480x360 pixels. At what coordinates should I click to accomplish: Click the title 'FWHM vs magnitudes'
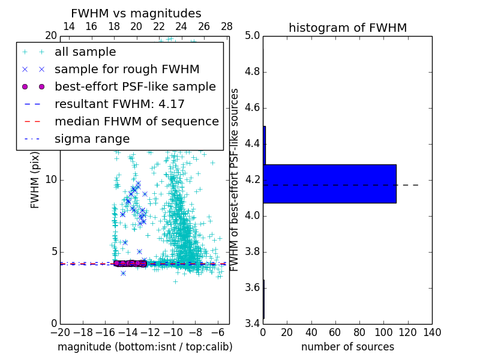point(136,13)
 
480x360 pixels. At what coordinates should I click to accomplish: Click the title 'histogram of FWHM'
point(347,28)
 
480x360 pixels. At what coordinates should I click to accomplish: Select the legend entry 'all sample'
point(85,52)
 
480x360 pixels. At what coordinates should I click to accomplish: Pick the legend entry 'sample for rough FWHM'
point(127,69)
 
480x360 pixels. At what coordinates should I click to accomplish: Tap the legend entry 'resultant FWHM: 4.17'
point(119,104)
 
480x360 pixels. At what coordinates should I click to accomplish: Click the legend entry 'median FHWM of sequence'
point(136,121)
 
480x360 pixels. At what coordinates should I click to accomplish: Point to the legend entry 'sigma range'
point(92,139)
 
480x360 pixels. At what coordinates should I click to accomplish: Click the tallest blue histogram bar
point(329,184)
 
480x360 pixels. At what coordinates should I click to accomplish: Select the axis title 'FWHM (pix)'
point(35,180)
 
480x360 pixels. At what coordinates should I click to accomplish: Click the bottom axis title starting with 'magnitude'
point(145,347)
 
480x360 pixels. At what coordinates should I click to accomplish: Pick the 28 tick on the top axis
point(227,26)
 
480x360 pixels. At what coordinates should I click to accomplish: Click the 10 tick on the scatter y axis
point(51,180)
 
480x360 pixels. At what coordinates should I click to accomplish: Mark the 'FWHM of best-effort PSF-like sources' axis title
point(235,180)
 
